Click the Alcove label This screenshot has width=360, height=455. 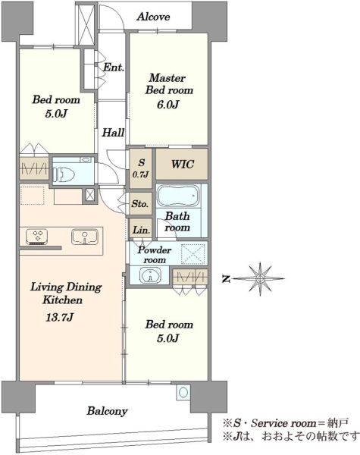pyautogui.click(x=153, y=17)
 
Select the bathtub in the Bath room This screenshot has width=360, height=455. pyautogui.click(x=177, y=196)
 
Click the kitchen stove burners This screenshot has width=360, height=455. pyautogui.click(x=37, y=237)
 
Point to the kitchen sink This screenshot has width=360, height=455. pyautogui.click(x=84, y=237)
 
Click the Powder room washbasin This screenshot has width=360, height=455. pyautogui.click(x=150, y=275)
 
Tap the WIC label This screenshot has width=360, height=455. pyautogui.click(x=183, y=165)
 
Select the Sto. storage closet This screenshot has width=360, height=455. pyautogui.click(x=140, y=204)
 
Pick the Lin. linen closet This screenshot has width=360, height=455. pyautogui.click(x=141, y=229)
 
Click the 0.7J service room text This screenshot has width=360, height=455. pyautogui.click(x=141, y=174)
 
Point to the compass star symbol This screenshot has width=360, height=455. pyautogui.click(x=260, y=279)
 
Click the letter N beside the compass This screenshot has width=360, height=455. pyautogui.click(x=227, y=279)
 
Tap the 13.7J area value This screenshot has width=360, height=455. pyautogui.click(x=59, y=318)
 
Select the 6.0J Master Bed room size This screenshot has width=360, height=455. pyautogui.click(x=168, y=105)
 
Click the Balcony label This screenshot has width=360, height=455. pyautogui.click(x=107, y=411)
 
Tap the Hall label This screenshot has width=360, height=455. pyautogui.click(x=113, y=133)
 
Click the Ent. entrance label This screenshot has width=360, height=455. pyautogui.click(x=114, y=67)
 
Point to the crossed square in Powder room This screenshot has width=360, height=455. pyautogui.click(x=193, y=254)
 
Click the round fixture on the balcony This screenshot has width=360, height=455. pyautogui.click(x=183, y=393)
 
